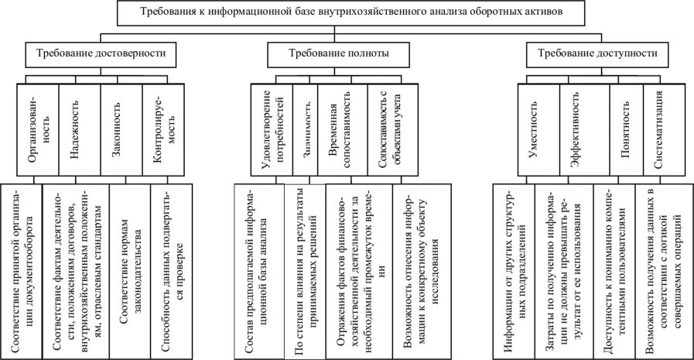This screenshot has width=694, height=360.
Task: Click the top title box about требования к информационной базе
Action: pos(347,12)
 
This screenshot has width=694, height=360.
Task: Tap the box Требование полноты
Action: pos(338,54)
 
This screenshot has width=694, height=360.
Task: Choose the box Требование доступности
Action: pos(592,54)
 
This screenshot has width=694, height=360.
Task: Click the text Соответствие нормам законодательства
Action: pos(129,269)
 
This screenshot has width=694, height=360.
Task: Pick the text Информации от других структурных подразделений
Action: pos(514,269)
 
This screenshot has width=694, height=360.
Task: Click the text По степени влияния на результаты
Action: pos(305,269)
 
